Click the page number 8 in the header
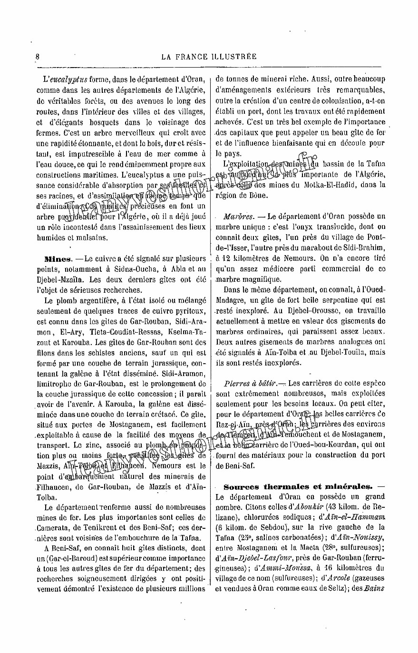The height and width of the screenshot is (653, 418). coord(38,56)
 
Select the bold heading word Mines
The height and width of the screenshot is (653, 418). coord(57,259)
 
